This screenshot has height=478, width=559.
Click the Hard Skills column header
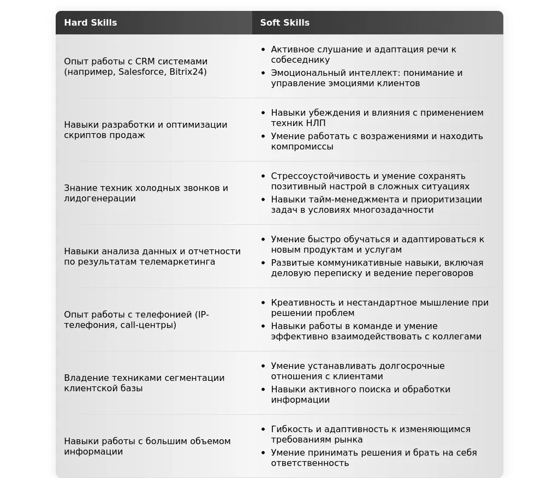tap(91, 23)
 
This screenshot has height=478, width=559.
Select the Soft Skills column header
tap(284, 23)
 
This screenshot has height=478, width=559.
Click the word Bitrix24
tap(188, 72)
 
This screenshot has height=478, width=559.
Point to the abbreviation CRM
tap(145, 62)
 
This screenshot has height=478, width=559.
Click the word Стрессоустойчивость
tap(321, 176)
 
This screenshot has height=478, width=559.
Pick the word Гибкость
tap(292, 429)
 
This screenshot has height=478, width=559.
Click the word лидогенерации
tap(100, 199)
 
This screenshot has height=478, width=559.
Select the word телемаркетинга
tap(177, 262)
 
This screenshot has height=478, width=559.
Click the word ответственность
tap(310, 463)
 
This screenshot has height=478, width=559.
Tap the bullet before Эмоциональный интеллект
tap(263, 73)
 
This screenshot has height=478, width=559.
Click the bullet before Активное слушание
tap(263, 50)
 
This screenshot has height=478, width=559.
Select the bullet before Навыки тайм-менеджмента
tap(263, 200)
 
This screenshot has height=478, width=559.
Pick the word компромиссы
tap(302, 147)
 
